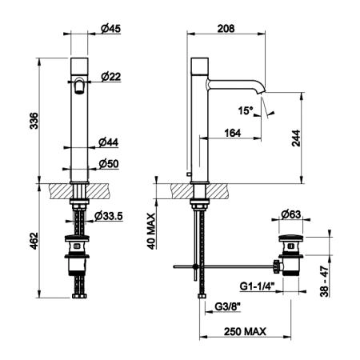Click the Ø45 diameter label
pyautogui.click(x=111, y=29)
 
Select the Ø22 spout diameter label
pyautogui.click(x=111, y=77)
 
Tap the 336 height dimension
pyautogui.click(x=34, y=121)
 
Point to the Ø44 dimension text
pyautogui.click(x=109, y=142)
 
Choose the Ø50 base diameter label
pyautogui.click(x=109, y=164)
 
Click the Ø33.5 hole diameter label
pyautogui.click(x=109, y=216)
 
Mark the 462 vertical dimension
pyautogui.click(x=34, y=241)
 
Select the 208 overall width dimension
pyautogui.click(x=226, y=29)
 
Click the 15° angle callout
pyautogui.click(x=246, y=110)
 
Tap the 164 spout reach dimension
pyautogui.click(x=233, y=133)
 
